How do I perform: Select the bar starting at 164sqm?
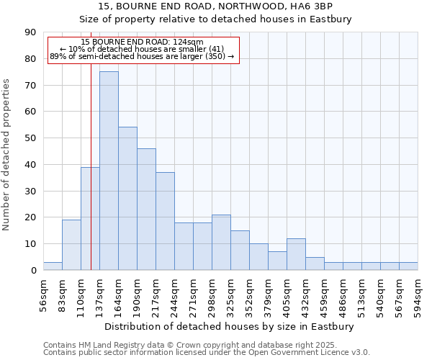tap(127, 199)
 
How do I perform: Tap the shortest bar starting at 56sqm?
tap(53, 266)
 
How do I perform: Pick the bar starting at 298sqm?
tap(221, 243)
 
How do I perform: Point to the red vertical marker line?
tap(91, 180)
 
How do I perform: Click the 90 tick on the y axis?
tap(30, 32)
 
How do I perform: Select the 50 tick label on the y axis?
tap(30, 138)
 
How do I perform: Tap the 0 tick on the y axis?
tap(33, 271)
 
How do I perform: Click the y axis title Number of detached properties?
tap(6, 155)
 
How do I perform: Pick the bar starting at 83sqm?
tap(71, 245)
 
